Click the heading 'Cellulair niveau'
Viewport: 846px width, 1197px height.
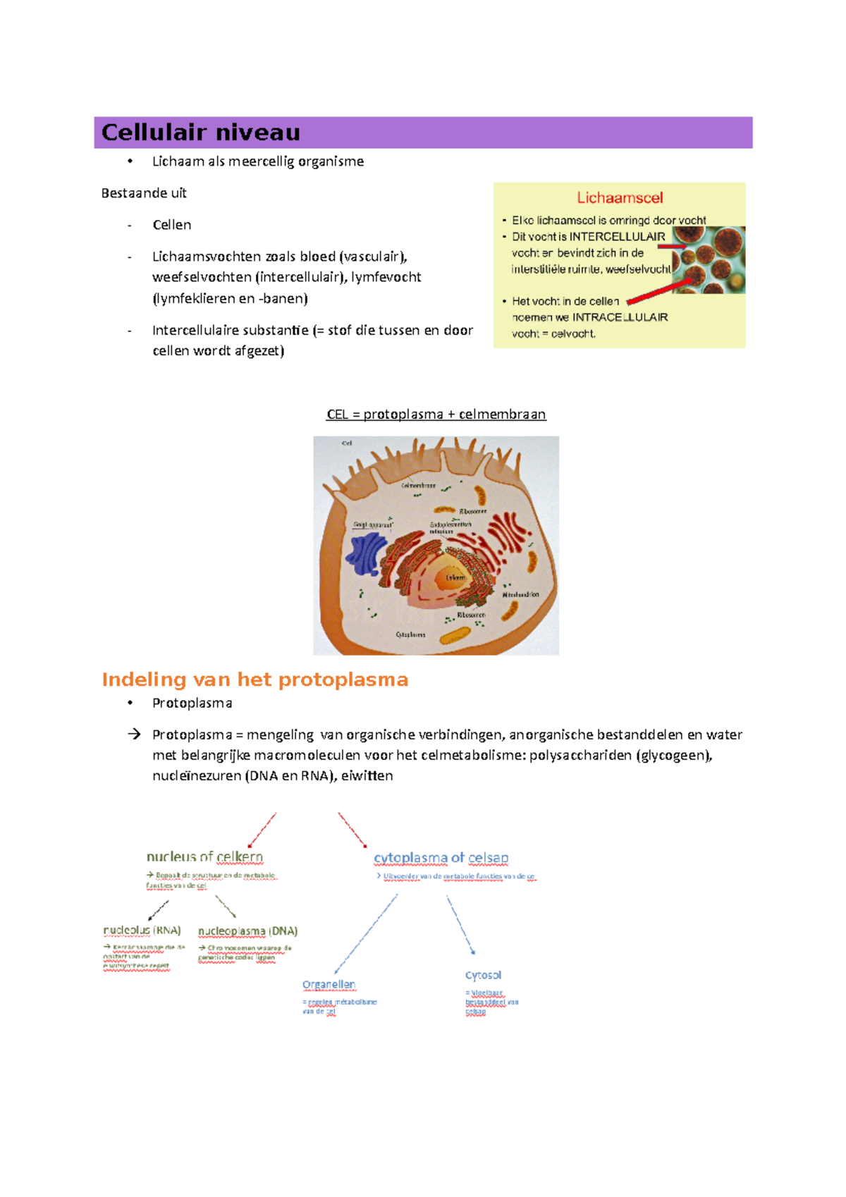coord(201,133)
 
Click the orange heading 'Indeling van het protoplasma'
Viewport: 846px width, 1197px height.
coord(255,680)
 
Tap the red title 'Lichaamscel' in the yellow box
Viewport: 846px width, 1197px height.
coord(620,198)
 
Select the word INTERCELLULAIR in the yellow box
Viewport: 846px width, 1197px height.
coord(617,237)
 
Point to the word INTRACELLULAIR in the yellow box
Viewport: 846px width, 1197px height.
coord(620,317)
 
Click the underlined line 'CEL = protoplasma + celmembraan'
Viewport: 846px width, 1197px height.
coord(436,415)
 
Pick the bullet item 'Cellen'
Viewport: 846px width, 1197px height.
coord(171,225)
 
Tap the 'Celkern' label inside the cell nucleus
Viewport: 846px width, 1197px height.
coord(455,578)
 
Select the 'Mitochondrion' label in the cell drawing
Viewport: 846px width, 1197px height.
coord(520,595)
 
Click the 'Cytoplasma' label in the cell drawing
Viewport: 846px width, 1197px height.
coord(410,634)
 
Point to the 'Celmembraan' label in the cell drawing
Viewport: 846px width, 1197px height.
coord(418,486)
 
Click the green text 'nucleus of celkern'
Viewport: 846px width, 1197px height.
coord(204,857)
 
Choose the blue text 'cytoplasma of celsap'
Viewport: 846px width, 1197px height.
coord(441,858)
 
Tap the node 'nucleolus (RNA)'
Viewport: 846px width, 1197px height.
coord(142,931)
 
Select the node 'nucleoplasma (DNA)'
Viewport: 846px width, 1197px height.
coord(247,931)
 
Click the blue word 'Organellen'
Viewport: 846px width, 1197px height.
coord(329,985)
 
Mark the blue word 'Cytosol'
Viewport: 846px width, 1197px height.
coord(483,976)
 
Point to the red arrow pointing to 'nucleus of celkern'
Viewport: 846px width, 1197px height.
coord(262,830)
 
